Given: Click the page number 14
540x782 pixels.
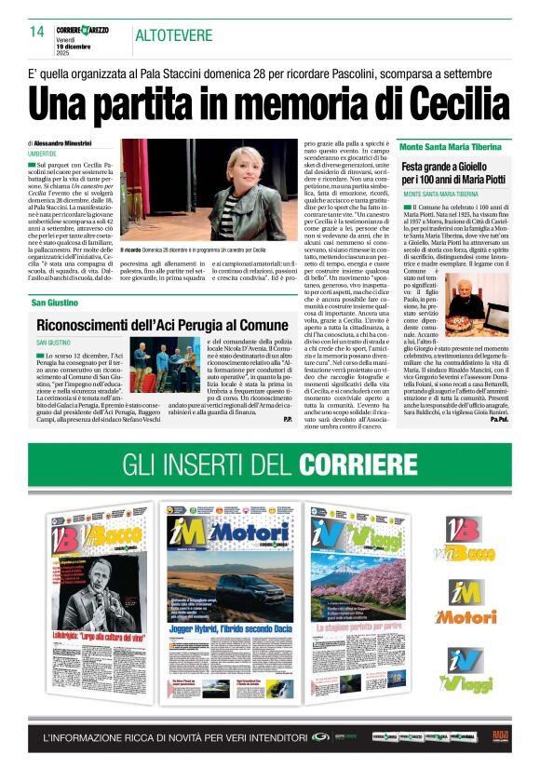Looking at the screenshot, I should pyautogui.click(x=36, y=32).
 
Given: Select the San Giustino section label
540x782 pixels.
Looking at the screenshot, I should pyautogui.click(x=56, y=303).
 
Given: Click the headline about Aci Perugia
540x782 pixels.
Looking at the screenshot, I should pyautogui.click(x=150, y=325).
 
